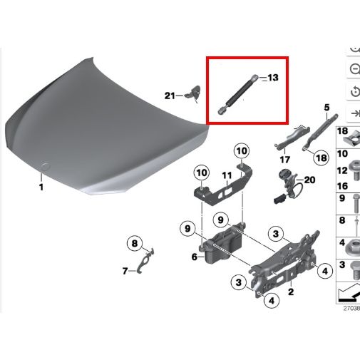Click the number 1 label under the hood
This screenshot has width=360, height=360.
41,187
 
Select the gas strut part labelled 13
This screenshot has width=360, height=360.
238,94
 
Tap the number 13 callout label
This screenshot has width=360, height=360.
273,78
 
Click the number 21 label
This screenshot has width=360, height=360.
170,96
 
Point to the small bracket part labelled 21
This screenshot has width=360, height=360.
193,93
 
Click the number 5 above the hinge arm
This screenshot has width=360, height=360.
327,108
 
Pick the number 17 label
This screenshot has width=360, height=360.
285,160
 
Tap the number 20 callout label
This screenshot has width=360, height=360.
309,180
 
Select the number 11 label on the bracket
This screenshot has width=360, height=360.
227,175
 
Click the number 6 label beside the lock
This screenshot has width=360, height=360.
195,257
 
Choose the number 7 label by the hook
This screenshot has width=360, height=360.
125,271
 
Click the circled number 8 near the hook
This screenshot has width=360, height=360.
135,243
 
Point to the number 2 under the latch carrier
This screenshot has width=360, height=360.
291,292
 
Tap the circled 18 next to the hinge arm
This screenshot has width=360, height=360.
322,158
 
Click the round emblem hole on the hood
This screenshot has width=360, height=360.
45,167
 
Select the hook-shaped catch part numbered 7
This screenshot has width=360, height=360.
145,261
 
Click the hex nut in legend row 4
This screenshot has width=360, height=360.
354,247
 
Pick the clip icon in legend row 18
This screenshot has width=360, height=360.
352,139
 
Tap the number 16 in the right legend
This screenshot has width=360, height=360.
342,186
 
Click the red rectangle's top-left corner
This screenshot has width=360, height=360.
207,57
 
